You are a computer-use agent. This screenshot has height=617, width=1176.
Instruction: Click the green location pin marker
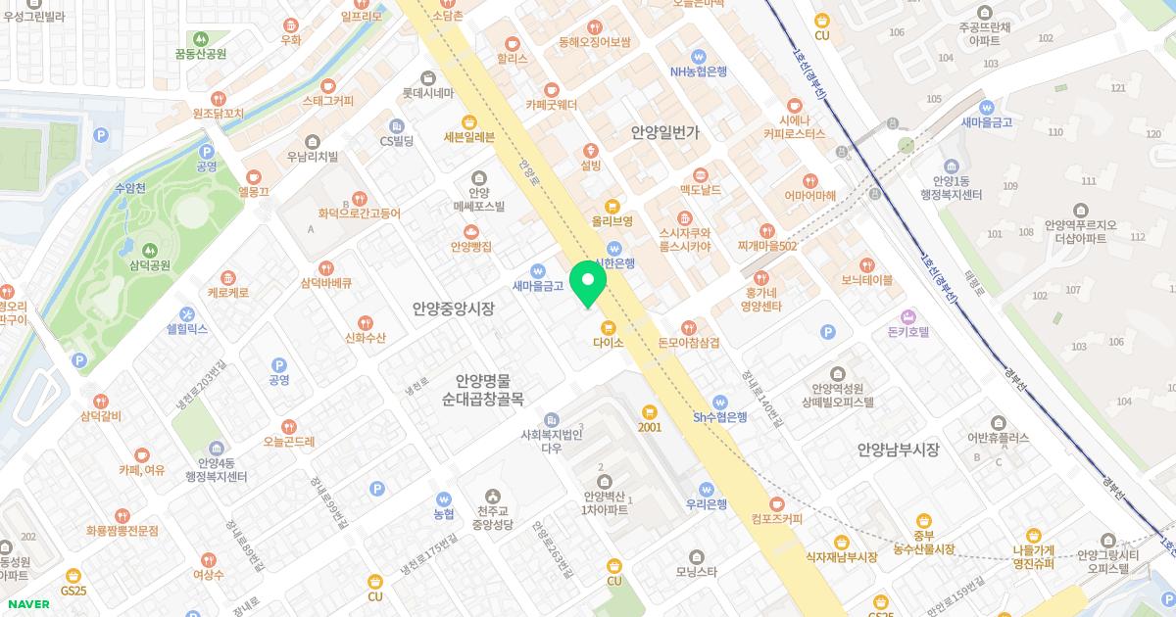(588, 282)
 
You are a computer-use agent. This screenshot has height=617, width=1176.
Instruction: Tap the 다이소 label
(608, 343)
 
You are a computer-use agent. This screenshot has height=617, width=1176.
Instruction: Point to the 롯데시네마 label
(428, 94)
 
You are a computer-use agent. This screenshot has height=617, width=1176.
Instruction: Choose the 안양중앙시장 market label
(453, 309)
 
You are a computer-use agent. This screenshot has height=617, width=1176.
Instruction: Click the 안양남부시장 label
(898, 451)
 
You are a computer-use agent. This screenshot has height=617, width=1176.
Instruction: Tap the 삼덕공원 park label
(149, 265)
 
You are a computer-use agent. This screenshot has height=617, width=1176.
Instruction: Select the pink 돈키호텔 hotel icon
(907, 316)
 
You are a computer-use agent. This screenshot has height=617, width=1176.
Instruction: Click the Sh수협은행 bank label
(720, 416)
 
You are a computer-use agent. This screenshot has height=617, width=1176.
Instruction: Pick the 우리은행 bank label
(706, 504)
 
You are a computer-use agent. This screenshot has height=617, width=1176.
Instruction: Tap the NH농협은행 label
(698, 71)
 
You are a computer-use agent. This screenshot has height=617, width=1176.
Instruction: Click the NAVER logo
(27, 604)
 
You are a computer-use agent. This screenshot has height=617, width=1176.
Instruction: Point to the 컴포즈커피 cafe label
(776, 519)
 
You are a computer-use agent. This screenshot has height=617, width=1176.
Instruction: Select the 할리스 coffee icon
(512, 43)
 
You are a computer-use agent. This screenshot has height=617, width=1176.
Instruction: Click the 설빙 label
(590, 166)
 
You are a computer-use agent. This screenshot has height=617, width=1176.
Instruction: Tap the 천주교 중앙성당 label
(491, 517)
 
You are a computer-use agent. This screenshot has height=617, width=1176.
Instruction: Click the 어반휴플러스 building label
(998, 438)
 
